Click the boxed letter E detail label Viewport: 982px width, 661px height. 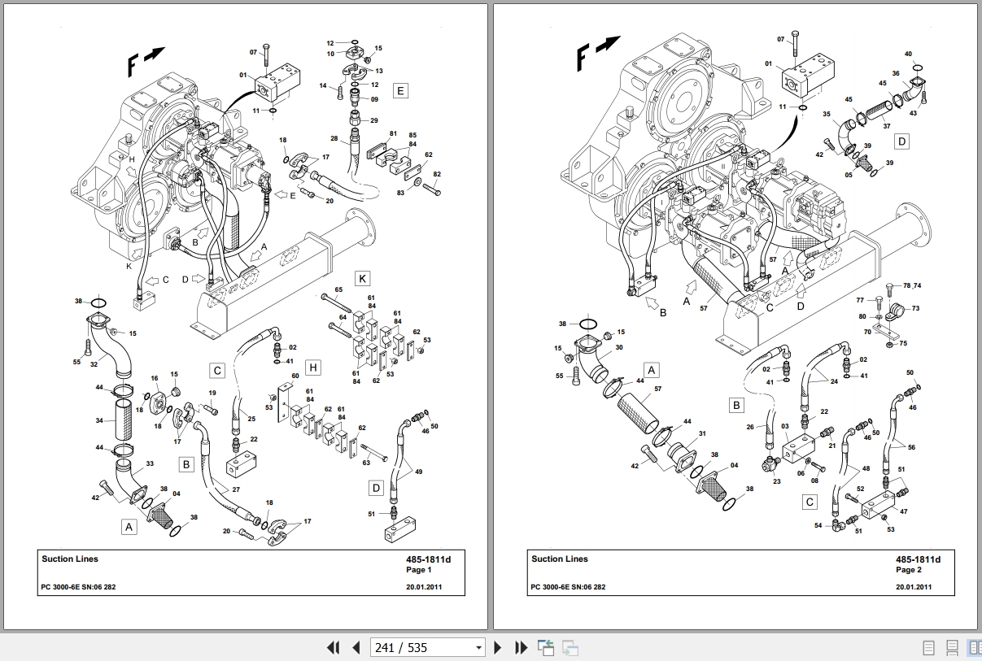click(x=399, y=90)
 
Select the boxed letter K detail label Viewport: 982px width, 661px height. click(x=363, y=279)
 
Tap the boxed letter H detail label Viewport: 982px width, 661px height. click(x=313, y=368)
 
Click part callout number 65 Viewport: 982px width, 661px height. click(x=338, y=289)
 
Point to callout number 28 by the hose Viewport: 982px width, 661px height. click(x=334, y=139)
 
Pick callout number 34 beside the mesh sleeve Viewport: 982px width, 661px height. click(x=99, y=421)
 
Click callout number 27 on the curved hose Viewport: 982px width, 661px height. click(x=235, y=489)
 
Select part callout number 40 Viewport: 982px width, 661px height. click(x=909, y=54)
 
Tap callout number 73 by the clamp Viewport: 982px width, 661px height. click(x=915, y=308)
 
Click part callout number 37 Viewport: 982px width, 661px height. click(x=886, y=126)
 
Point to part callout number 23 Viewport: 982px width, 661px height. click(x=776, y=481)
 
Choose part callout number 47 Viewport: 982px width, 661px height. click(x=903, y=511)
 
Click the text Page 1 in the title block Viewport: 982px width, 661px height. click(x=419, y=570)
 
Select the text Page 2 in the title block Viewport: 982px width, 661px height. click(x=909, y=570)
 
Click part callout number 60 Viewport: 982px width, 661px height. click(x=295, y=376)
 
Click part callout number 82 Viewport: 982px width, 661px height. click(x=437, y=175)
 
